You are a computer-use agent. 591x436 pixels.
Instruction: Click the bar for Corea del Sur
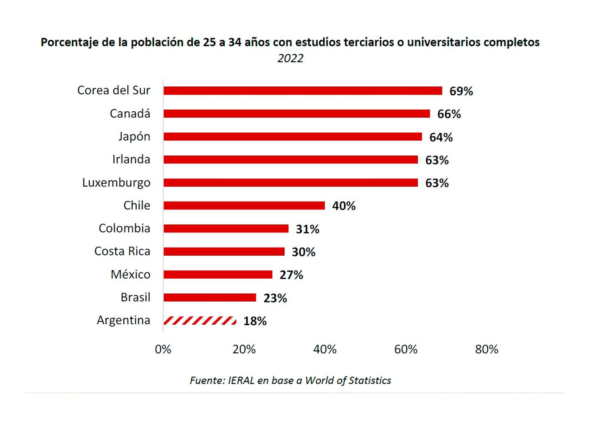[x=303, y=91]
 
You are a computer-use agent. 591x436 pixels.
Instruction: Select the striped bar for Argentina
[x=200, y=321]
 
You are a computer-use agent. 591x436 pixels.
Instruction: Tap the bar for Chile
[x=244, y=206]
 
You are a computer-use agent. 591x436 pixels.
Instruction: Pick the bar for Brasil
[x=210, y=298]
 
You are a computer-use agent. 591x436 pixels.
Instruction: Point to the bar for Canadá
[x=296, y=114]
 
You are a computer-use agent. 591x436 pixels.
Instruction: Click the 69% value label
[x=461, y=91]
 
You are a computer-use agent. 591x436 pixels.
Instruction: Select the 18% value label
[x=255, y=321]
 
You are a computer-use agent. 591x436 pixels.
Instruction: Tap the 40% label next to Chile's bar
[x=344, y=206]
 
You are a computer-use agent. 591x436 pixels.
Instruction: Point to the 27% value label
[x=291, y=275]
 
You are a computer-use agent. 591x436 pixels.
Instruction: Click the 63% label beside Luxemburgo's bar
[x=437, y=183]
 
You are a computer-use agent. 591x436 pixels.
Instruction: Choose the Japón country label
[x=134, y=136]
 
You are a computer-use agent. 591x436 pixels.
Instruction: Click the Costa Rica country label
[x=122, y=251]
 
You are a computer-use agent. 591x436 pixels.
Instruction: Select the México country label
[x=131, y=274]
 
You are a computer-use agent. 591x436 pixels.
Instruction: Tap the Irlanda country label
[x=131, y=159]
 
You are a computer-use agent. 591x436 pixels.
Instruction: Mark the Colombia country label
[x=124, y=228]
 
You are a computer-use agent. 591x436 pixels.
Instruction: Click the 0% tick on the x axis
[x=163, y=349]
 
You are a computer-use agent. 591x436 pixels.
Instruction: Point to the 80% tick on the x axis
[x=486, y=349]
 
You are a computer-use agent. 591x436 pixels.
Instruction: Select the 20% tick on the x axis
[x=244, y=349]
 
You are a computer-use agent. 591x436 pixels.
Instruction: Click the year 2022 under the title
[x=290, y=58]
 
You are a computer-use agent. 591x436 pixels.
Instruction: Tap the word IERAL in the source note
[x=241, y=381]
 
